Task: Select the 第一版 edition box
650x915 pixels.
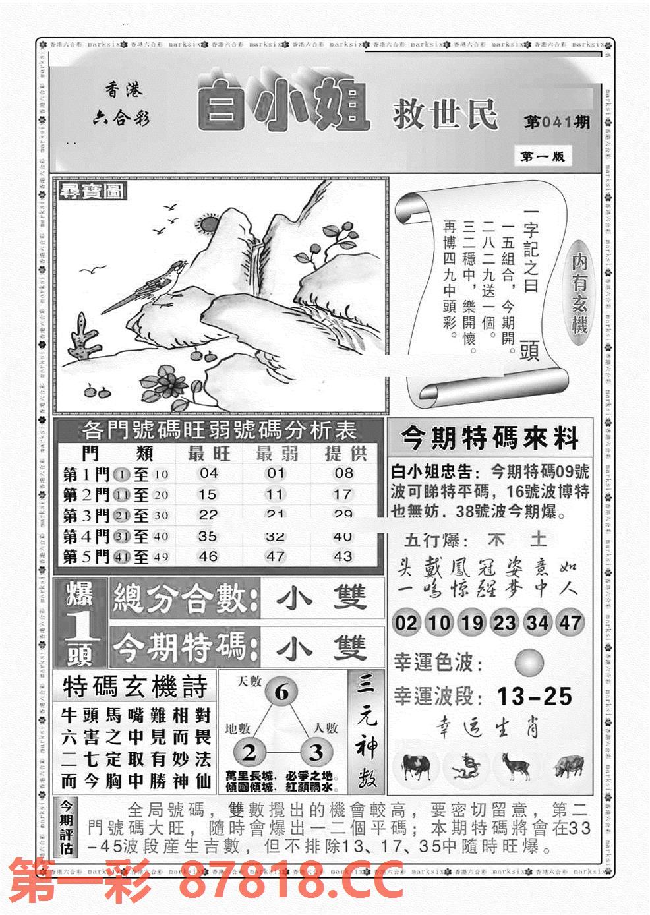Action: [542, 157]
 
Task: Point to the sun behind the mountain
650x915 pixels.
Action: [208, 226]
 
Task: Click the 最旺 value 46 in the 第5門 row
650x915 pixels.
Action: [208, 556]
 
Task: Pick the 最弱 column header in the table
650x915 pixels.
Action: [276, 454]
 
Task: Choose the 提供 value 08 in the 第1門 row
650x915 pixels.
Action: [343, 473]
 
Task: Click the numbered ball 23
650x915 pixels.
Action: [504, 622]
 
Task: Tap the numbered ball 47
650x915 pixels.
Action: [570, 622]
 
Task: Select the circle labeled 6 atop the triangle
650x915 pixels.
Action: [281, 692]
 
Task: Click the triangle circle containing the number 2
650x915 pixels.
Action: [250, 753]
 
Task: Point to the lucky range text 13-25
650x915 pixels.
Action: [534, 696]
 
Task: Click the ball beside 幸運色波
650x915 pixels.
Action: [529, 662]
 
